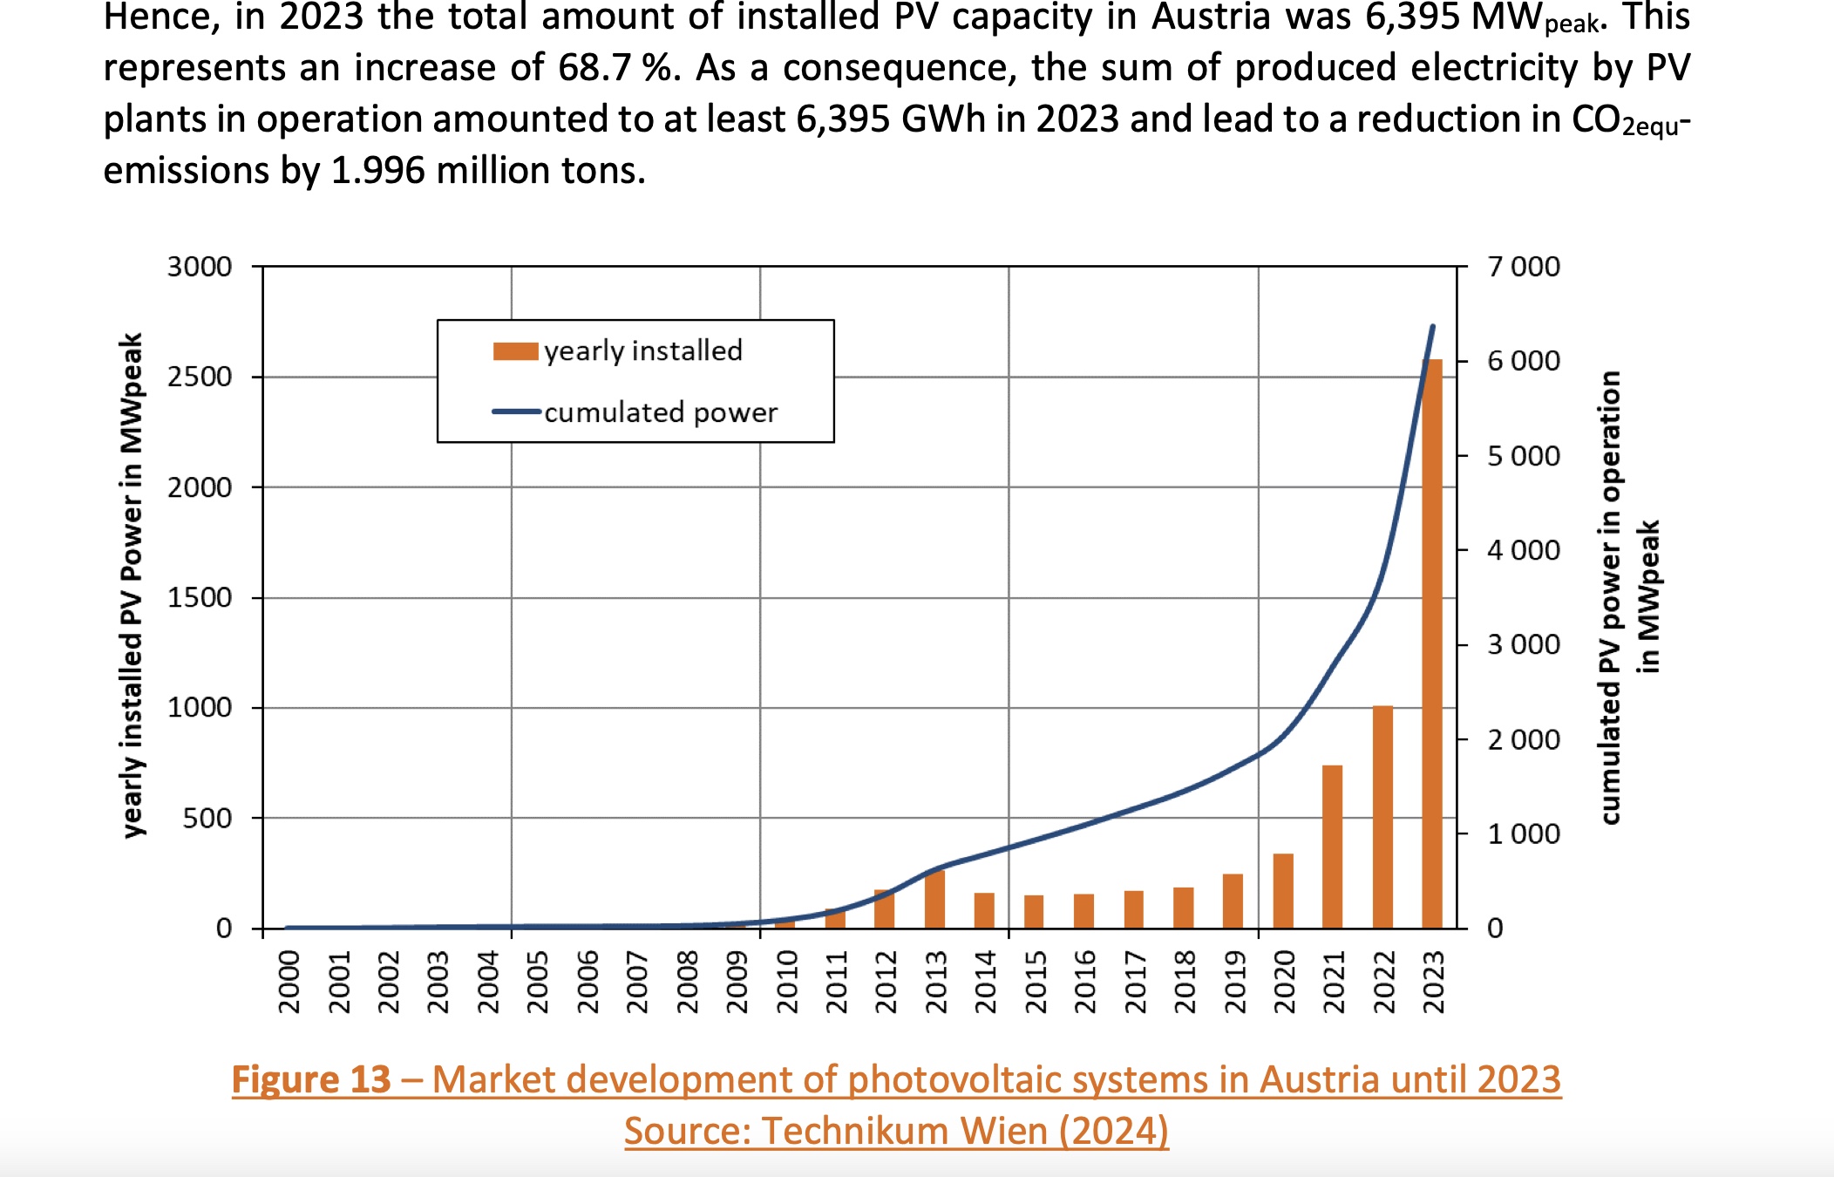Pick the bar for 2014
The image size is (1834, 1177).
(x=984, y=910)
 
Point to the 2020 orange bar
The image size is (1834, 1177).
(x=1283, y=890)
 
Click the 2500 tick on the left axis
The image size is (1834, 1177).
(x=200, y=377)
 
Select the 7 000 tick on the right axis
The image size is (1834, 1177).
(x=1524, y=267)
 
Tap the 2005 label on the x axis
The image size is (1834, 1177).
(x=538, y=983)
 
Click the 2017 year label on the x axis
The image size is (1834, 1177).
(x=1134, y=983)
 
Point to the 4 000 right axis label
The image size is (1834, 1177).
(x=1524, y=550)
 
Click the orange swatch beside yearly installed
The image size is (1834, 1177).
(x=515, y=351)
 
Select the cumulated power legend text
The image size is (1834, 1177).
(x=661, y=412)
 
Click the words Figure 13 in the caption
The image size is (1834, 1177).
(x=310, y=1079)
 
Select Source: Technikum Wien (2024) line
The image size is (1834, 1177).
(x=896, y=1131)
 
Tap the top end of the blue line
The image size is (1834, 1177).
(x=1433, y=327)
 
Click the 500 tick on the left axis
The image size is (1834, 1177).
(x=207, y=818)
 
